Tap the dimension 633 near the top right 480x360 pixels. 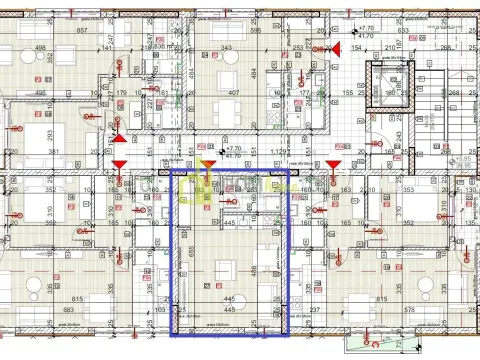pyautogui.click(x=402, y=30)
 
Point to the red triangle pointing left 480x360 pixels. pyautogui.click(x=337, y=48)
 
